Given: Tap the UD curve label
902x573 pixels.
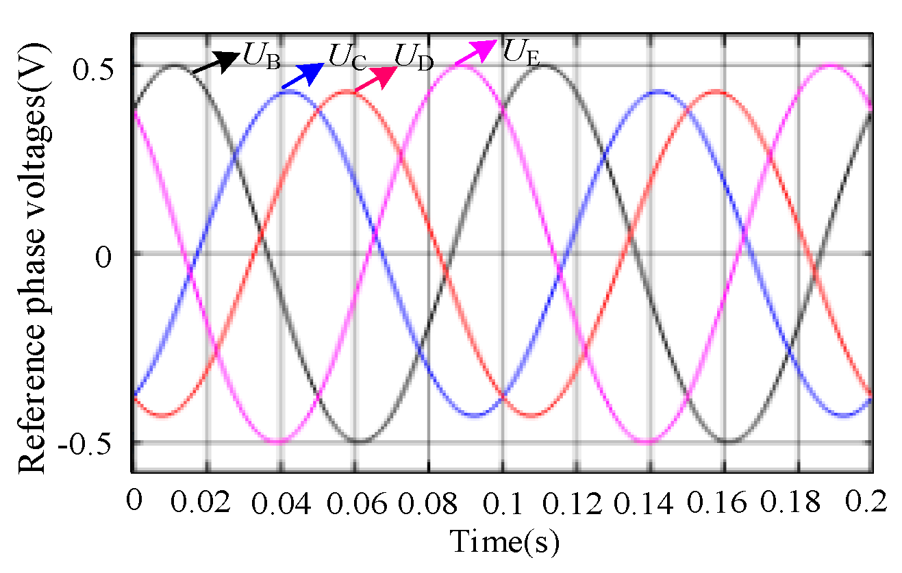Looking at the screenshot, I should [x=414, y=58].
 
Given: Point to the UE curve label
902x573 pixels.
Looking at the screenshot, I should [x=521, y=51].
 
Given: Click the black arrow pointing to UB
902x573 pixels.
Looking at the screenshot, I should [x=215, y=62].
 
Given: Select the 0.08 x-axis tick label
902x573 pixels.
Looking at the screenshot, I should [x=427, y=505].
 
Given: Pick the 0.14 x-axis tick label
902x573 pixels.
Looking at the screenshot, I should [x=651, y=505].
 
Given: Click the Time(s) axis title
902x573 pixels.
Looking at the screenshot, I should [x=505, y=542].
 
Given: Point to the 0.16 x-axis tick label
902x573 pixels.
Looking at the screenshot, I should [x=725, y=505].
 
